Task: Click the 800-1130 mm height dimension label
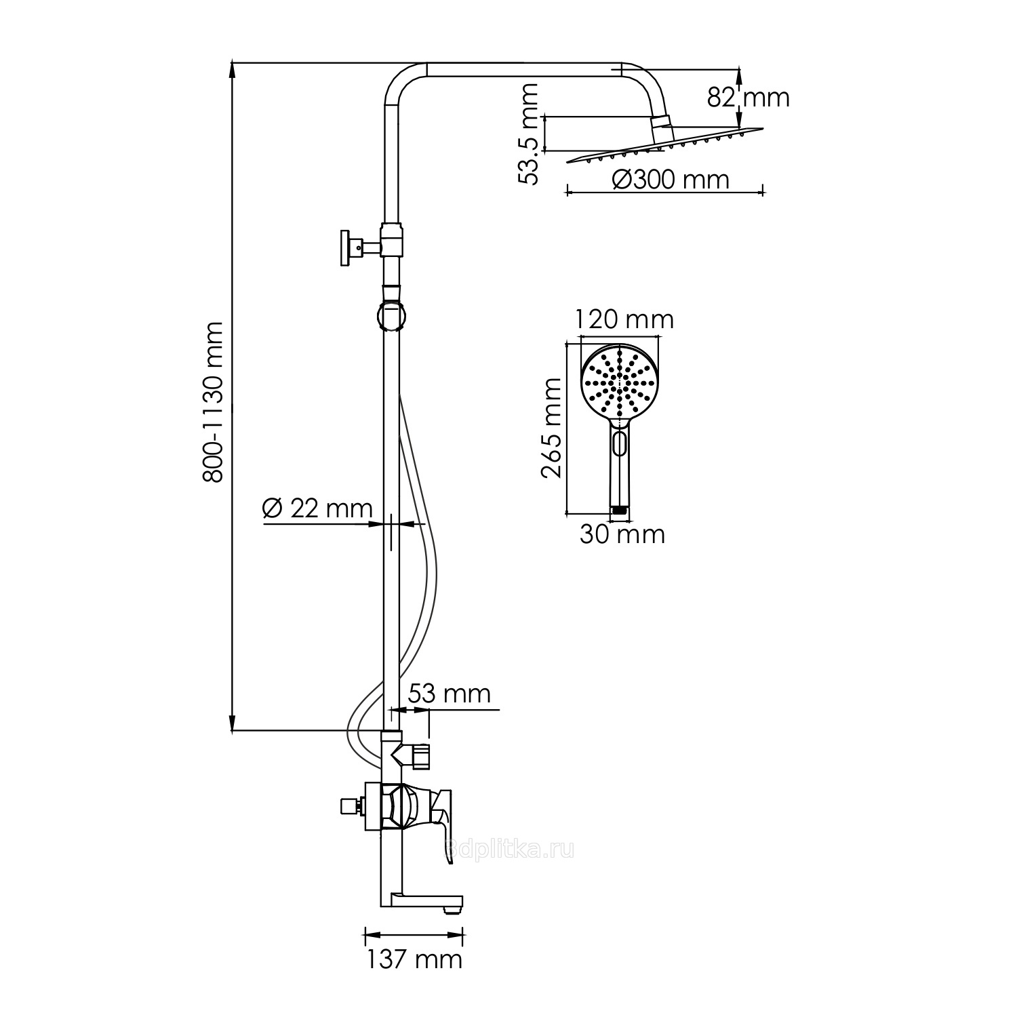[x=214, y=401]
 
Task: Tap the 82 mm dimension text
[x=749, y=98]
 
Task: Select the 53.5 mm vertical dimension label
[x=527, y=134]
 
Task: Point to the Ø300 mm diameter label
[x=671, y=180]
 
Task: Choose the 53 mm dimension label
[x=449, y=694]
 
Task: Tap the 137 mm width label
[x=414, y=959]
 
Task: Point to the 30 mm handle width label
[x=622, y=534]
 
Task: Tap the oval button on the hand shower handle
[x=618, y=444]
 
